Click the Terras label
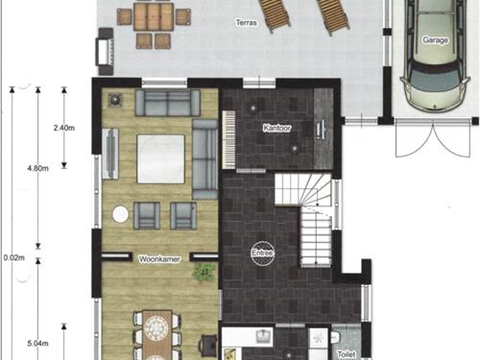pos(247,23)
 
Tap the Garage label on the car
pos(435,40)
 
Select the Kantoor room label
pos(276,128)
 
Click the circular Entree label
pos(263,253)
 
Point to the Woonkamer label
pos(159,259)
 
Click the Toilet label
pos(347,354)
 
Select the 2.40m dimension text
pos(64,128)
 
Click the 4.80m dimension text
pos(37,168)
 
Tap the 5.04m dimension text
pos(37,344)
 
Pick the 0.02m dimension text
pos(13,257)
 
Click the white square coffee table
pos(161,159)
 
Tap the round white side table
pos(121,214)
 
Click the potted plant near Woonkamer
pos(203,273)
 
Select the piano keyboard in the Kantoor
pos(229,139)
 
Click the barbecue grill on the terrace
pos(106,52)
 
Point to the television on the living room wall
pos(110,154)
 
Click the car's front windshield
pos(436,80)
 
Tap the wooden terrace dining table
pos(154,16)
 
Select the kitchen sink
pos(264,336)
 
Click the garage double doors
pos(433,140)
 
